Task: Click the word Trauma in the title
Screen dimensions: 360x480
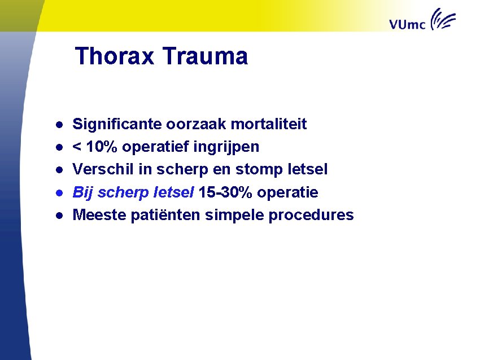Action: click(205, 56)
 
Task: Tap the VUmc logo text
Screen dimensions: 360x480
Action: click(408, 24)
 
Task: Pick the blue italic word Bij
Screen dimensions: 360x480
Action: click(83, 192)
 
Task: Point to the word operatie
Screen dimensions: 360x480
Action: click(288, 192)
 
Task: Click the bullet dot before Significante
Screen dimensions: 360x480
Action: click(58, 124)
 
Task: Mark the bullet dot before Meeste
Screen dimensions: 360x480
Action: click(58, 215)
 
